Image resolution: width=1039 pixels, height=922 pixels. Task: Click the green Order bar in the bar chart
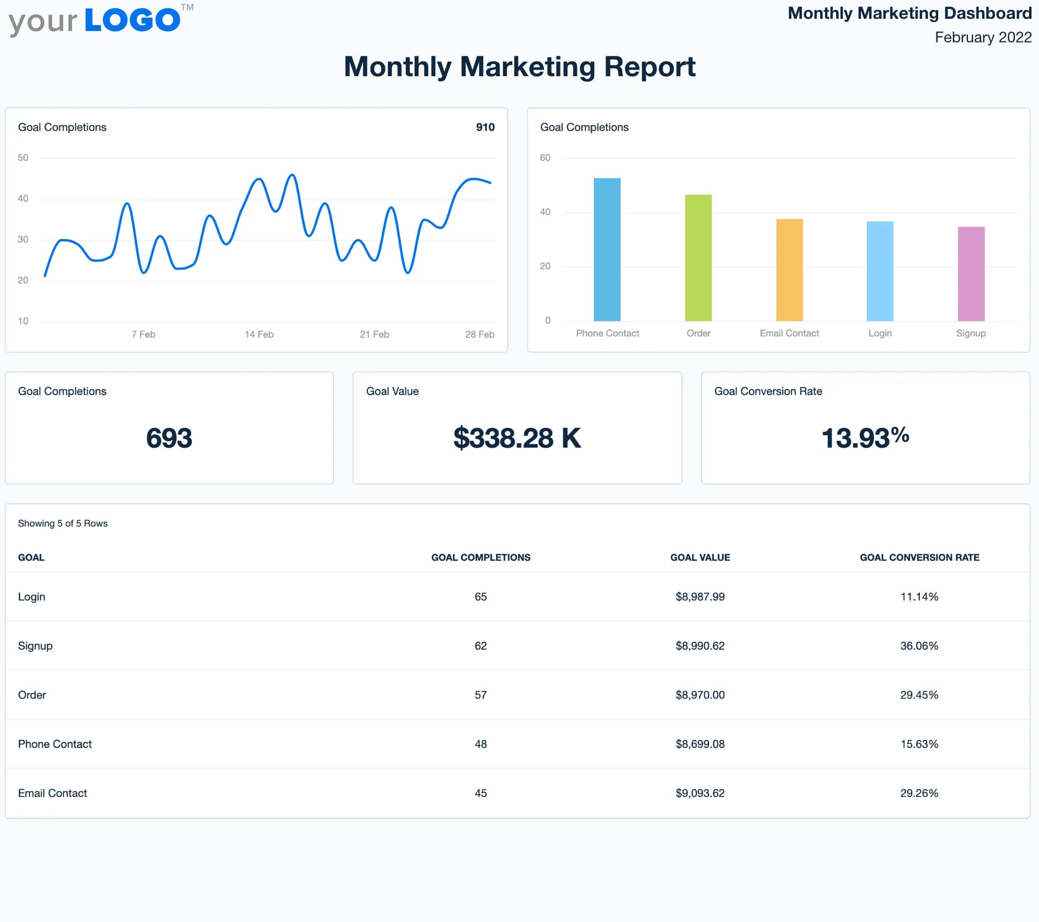698,258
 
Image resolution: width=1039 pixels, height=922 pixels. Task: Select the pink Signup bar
971,274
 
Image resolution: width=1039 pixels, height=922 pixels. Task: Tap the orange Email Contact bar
789,270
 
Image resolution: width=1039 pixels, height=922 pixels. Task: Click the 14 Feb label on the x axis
259,334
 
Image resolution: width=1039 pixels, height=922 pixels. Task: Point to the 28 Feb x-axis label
480,334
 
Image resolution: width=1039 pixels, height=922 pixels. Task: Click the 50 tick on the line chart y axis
23,158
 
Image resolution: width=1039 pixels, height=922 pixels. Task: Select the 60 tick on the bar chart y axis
545,158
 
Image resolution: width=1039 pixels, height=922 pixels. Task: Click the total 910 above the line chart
485,127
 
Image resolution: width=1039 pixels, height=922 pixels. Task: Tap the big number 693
169,438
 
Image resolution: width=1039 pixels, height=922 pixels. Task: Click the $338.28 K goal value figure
517,438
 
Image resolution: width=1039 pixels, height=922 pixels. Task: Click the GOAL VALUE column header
700,557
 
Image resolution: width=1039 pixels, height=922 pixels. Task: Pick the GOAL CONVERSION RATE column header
919,557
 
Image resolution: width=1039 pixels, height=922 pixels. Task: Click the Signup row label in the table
35,646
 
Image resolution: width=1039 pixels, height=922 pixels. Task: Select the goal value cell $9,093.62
700,794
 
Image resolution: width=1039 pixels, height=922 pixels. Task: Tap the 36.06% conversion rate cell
919,646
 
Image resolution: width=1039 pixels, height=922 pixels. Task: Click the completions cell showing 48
480,744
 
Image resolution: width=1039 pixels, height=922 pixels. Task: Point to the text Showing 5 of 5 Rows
63,524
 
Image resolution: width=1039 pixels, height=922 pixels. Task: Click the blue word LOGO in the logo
132,20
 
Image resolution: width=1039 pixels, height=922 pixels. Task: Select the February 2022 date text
983,38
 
